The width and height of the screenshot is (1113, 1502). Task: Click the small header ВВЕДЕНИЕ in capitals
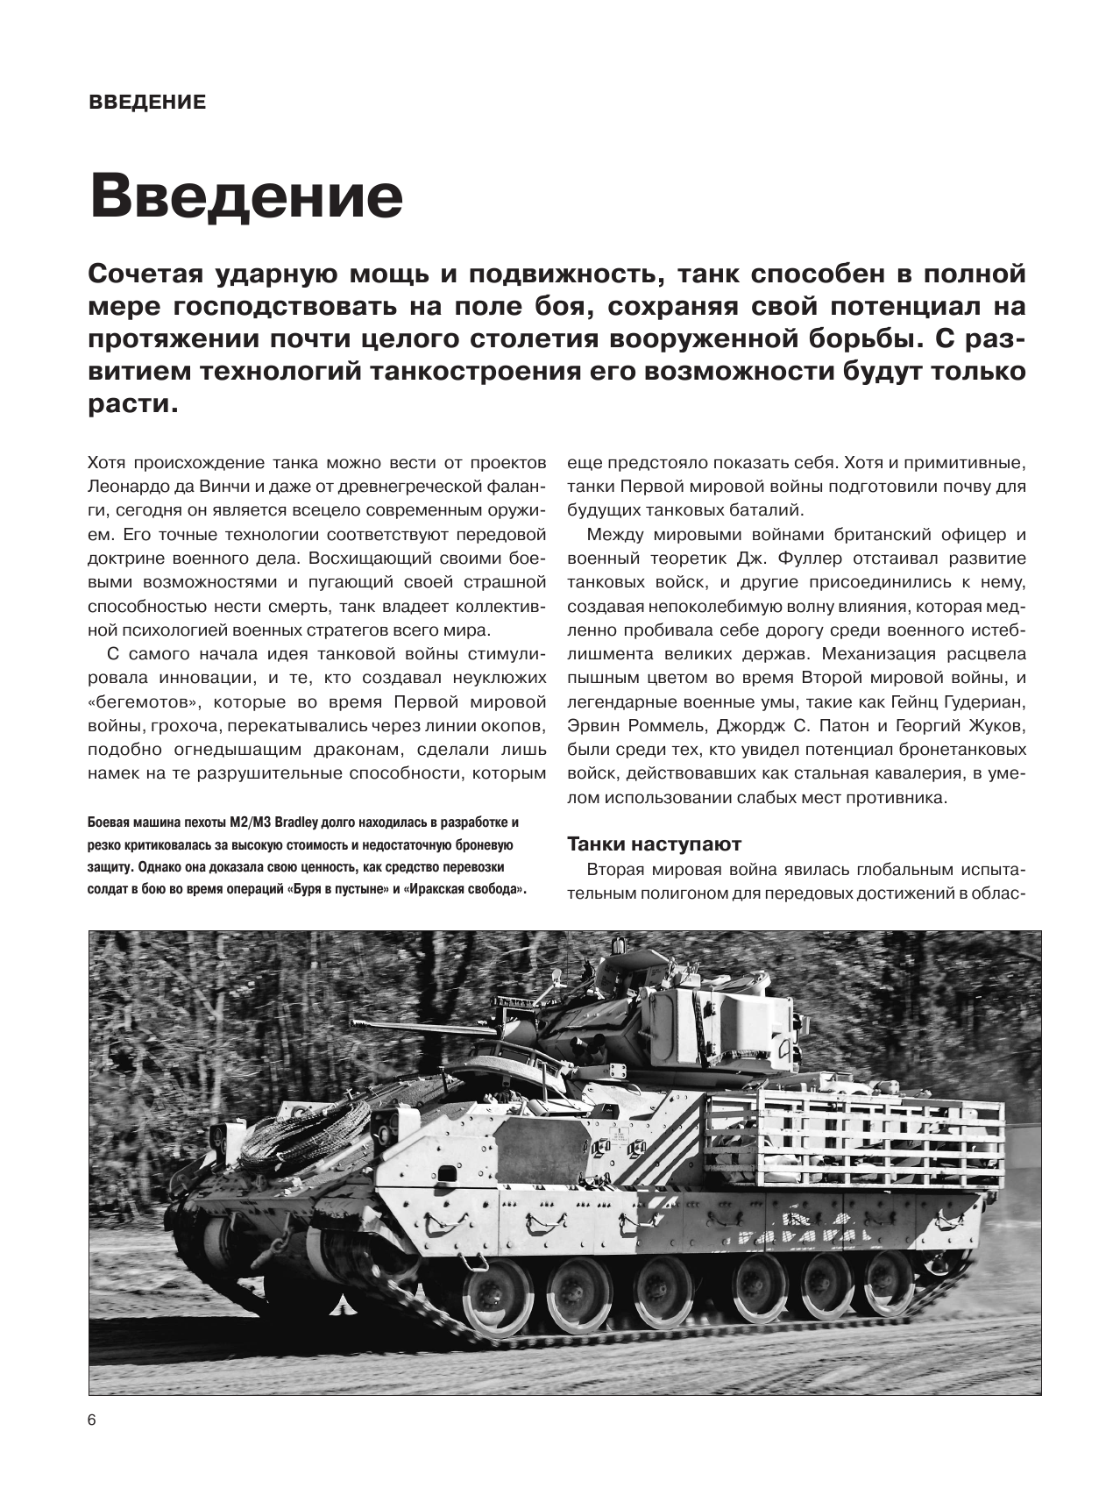[x=147, y=103]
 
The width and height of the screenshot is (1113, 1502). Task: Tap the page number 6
[x=93, y=1421]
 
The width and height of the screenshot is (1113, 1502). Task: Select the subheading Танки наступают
[x=654, y=844]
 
